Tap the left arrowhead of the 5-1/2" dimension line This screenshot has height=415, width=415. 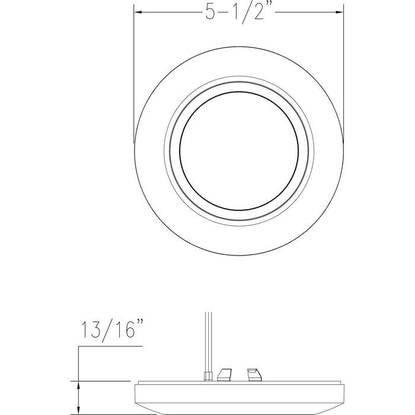click(x=139, y=11)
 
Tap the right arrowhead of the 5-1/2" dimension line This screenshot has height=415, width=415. click(x=340, y=11)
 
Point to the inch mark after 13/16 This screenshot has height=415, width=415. click(x=142, y=325)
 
